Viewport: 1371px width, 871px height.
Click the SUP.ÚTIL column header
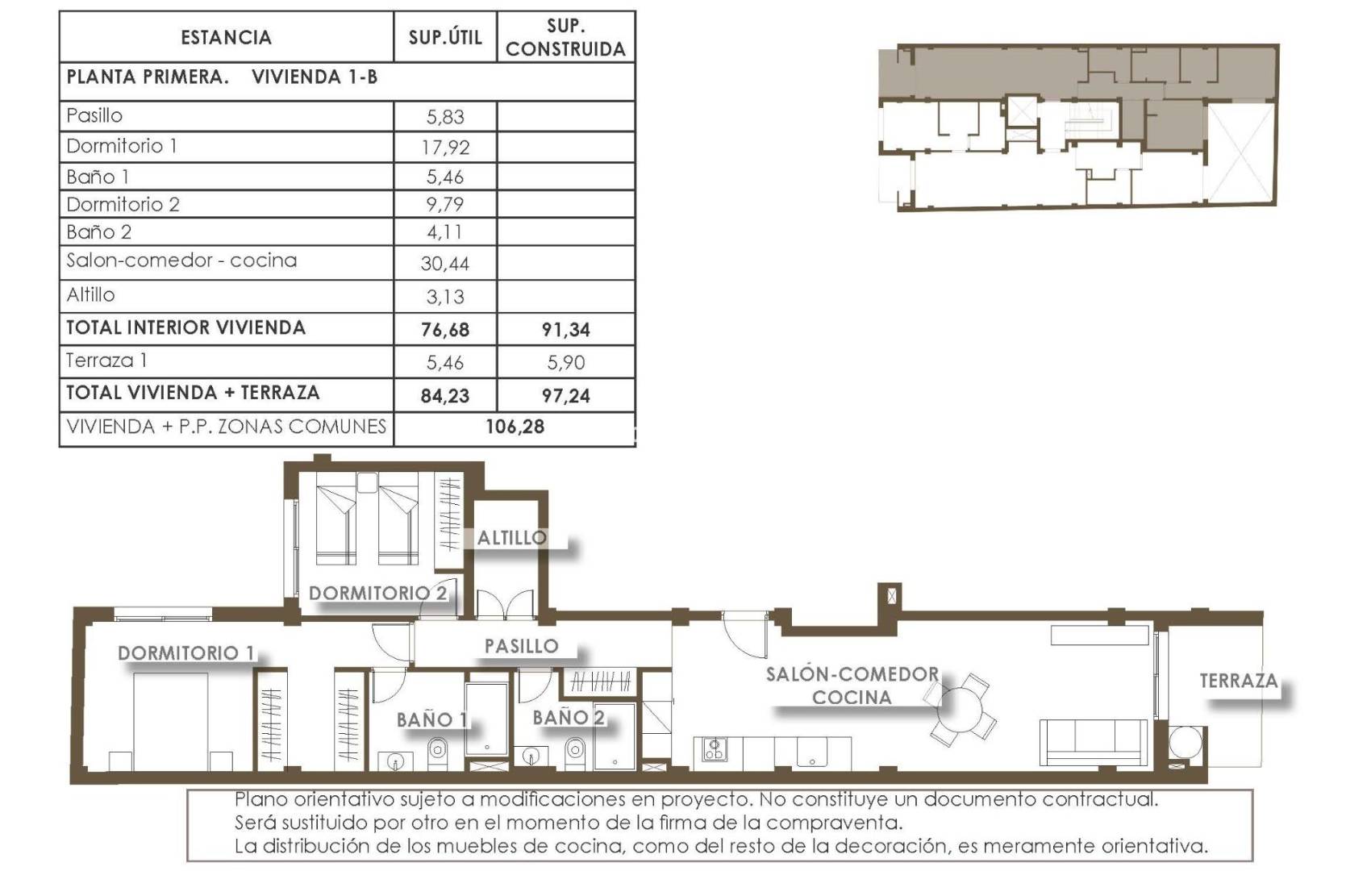tap(445, 37)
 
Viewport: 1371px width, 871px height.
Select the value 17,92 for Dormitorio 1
tap(445, 147)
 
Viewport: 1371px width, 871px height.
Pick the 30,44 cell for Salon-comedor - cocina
tap(445, 264)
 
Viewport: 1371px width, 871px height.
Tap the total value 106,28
tap(515, 427)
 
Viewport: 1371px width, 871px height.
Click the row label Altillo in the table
tap(90, 295)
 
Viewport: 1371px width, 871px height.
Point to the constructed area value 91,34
tap(565, 329)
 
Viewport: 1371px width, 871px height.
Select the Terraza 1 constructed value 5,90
tap(565, 362)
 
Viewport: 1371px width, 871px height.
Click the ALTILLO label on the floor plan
tap(511, 538)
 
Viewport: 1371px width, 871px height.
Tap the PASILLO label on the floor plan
tap(521, 646)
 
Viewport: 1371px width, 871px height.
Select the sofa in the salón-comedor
tap(1094, 742)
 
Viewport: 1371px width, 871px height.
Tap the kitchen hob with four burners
tap(714, 750)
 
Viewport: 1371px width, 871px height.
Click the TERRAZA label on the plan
tap(1238, 681)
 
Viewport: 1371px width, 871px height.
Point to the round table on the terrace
tap(1185, 743)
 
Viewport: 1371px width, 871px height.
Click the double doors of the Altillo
tap(506, 605)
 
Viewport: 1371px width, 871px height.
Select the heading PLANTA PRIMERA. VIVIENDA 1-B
tap(222, 77)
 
